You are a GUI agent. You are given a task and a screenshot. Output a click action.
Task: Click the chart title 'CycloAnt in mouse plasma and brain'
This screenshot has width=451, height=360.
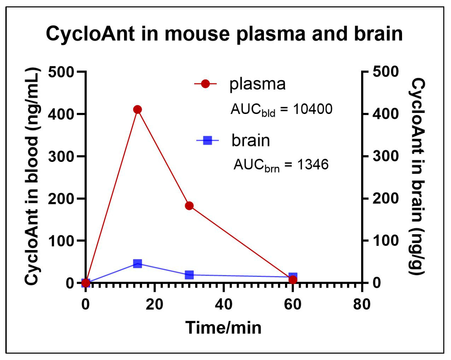[x=224, y=34]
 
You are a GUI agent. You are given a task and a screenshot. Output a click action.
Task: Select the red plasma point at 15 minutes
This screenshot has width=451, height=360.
[x=137, y=110]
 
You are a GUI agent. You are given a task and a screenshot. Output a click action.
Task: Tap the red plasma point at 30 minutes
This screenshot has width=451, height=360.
[x=189, y=206]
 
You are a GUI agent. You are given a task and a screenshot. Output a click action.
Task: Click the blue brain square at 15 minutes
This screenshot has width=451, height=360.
[x=137, y=263]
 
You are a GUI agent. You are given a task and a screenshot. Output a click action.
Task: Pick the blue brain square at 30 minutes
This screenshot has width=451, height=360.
[x=189, y=275]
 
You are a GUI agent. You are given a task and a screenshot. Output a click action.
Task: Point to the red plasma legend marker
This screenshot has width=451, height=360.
[x=205, y=84]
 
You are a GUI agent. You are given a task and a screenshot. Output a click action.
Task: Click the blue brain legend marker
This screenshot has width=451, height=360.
[x=208, y=140]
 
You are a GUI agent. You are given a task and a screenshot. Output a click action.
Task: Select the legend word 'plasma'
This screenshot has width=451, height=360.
[x=257, y=84]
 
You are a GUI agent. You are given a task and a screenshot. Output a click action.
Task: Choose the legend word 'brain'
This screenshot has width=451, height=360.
[x=250, y=140]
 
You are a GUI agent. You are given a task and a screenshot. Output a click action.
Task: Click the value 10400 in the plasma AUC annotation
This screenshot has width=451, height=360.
[x=313, y=109]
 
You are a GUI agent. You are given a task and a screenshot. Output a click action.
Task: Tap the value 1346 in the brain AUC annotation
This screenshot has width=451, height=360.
[x=313, y=165]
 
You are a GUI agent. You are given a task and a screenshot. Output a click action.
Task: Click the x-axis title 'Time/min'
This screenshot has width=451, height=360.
[x=223, y=327]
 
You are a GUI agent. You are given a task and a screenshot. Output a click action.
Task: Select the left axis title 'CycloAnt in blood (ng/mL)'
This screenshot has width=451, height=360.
[x=32, y=177]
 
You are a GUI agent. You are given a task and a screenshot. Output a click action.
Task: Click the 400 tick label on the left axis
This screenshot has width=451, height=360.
[x=61, y=114]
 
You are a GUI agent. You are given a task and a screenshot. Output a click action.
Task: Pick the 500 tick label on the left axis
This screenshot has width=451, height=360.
[x=61, y=72]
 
